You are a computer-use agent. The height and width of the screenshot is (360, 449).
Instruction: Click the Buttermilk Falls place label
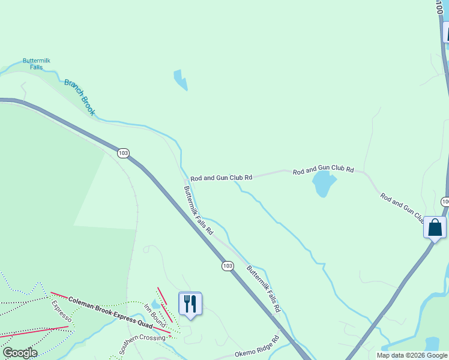(x=35, y=64)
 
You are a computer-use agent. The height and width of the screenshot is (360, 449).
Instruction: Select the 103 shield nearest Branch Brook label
(x=123, y=153)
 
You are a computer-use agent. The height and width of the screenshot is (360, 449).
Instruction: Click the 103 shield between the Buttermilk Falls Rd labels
(x=227, y=266)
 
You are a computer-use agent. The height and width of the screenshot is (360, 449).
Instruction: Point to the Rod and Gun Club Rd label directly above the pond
(x=324, y=171)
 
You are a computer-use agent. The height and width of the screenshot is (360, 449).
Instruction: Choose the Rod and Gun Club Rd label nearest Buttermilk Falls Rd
(x=221, y=178)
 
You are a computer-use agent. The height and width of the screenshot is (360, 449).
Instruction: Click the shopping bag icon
(x=435, y=227)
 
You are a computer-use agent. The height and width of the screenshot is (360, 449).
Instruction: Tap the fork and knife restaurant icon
(x=190, y=304)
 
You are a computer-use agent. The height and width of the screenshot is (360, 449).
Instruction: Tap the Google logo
(x=20, y=353)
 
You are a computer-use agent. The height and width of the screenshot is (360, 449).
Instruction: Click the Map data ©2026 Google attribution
(x=412, y=355)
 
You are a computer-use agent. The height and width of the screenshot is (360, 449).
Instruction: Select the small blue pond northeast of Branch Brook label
(x=180, y=80)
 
